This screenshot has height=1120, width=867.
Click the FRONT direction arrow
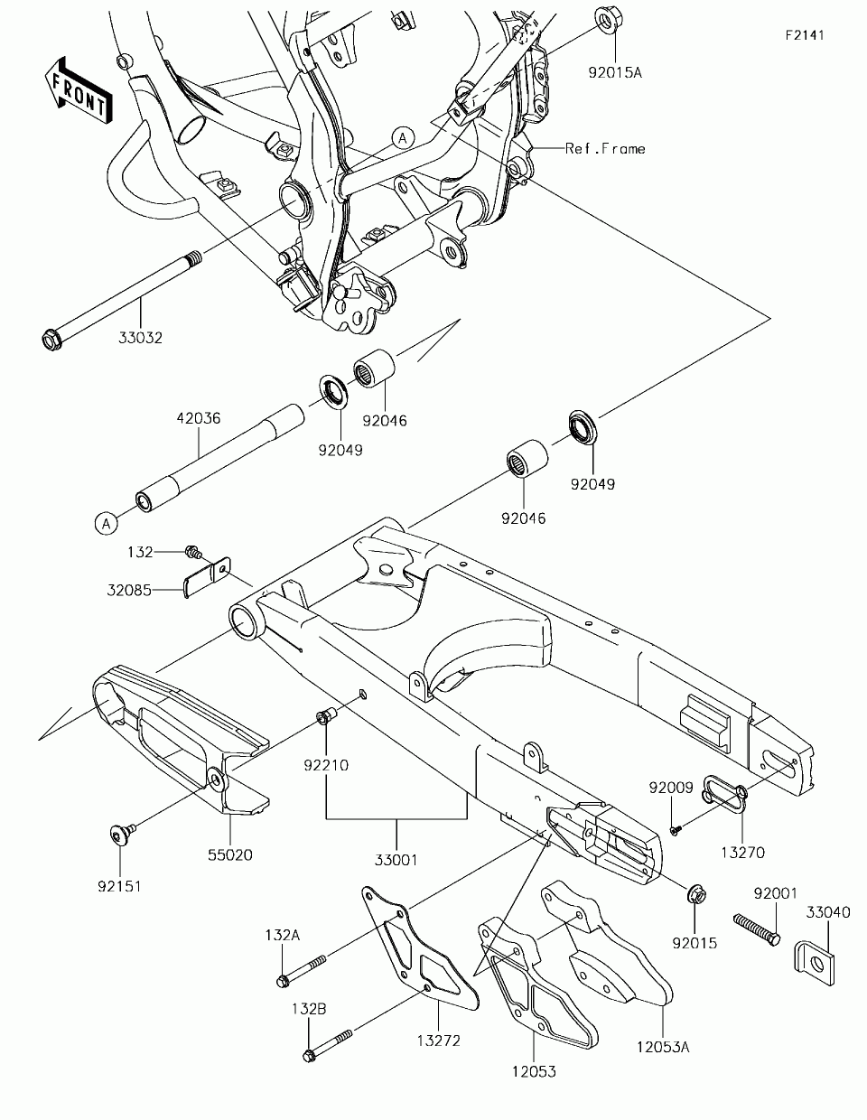coord(78,90)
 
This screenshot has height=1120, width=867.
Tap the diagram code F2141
coord(805,35)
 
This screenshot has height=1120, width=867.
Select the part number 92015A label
coord(615,72)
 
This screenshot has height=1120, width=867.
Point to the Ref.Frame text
coord(605,149)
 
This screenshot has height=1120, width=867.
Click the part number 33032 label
coord(140,338)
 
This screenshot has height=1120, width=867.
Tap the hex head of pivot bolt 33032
coord(51,340)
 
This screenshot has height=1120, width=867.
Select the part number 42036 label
coord(199,418)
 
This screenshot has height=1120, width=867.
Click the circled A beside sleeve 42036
coord(107,524)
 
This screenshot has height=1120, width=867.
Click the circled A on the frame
coord(403,138)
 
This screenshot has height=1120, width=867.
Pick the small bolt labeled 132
coord(193,552)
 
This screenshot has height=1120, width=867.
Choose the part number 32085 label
coord(129,590)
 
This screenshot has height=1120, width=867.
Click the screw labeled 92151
coord(123,834)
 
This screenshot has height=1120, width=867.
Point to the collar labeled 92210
coord(325,716)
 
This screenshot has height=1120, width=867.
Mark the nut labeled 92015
coord(696,895)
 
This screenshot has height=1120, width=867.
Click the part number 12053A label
coord(663,1048)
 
